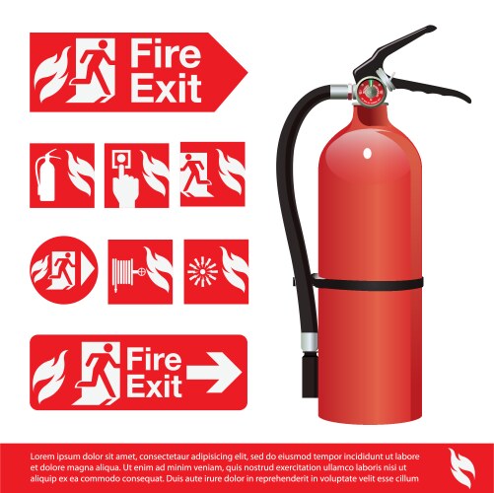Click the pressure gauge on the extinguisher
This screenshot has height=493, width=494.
coord(371,91)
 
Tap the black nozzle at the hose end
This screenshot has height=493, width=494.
coord(310,375)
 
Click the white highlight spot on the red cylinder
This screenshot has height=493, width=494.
coord(367,153)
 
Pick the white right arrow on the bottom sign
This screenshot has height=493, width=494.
coord(214,373)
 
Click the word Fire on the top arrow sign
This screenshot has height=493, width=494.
coord(166,53)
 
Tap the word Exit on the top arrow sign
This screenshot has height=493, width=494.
coord(166,88)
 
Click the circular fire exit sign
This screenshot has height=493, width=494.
coord(64,270)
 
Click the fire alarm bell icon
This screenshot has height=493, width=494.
coord(202,271)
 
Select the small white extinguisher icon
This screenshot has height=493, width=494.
coord(46,175)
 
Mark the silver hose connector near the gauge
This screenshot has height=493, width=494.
coord(341,92)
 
